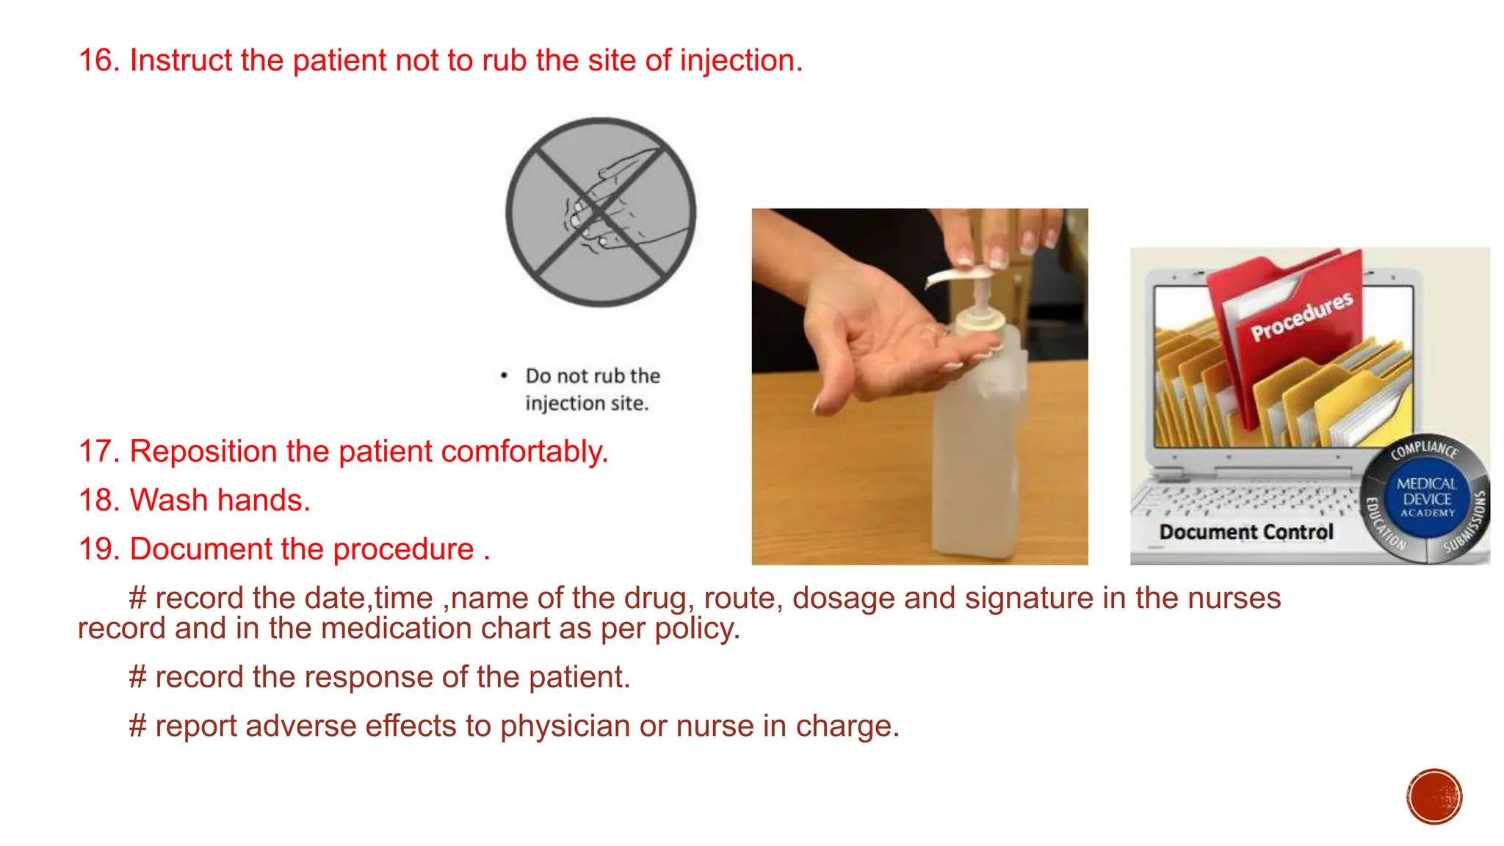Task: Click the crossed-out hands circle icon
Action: (x=601, y=212)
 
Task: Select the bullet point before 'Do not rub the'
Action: (x=504, y=376)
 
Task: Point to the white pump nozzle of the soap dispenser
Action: (x=955, y=277)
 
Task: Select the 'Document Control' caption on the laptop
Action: (x=1245, y=532)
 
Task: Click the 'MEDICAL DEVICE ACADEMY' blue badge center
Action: (x=1426, y=498)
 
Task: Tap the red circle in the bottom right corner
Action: (x=1433, y=797)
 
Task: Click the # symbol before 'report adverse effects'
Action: (x=137, y=726)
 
